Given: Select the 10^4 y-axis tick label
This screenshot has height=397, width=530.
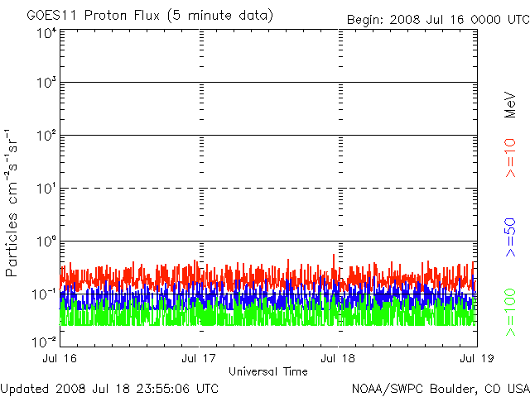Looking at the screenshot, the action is (48, 34).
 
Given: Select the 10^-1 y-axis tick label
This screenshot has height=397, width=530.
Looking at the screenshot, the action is (44, 294).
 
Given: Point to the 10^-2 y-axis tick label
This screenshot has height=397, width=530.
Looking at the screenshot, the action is (44, 342).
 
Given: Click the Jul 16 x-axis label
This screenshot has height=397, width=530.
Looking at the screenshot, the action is (60, 358).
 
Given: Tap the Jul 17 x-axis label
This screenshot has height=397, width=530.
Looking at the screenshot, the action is (199, 358).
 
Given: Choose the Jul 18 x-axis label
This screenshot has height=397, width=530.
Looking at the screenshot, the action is (338, 358).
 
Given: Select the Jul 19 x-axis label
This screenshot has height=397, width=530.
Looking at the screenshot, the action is (477, 358).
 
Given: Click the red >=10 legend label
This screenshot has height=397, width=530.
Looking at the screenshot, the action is (510, 158).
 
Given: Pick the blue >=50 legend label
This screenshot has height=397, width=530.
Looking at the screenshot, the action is (510, 237).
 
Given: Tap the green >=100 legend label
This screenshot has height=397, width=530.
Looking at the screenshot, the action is (510, 313).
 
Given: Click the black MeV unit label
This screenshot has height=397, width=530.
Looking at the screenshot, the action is (510, 105).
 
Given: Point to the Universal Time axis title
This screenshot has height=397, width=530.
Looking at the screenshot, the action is (268, 371).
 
